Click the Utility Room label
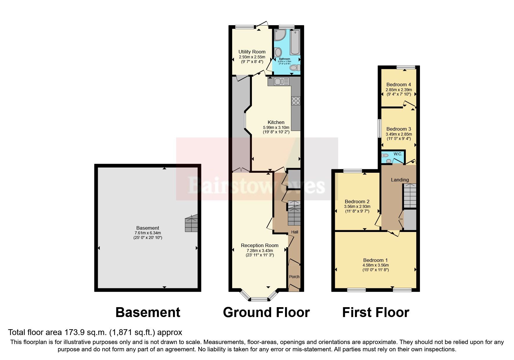tap(252, 52)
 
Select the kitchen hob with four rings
tap(296, 101)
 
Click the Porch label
tap(294, 277)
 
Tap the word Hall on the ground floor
tap(295, 232)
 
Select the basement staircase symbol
tap(191, 223)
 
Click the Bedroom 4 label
tap(398, 84)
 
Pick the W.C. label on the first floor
tap(398, 154)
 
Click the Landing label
tap(400, 180)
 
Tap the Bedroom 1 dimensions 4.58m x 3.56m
tap(376, 265)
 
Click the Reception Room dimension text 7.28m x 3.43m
tap(259, 251)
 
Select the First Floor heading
tap(375, 312)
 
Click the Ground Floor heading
tap(266, 312)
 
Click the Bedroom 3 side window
tap(379, 128)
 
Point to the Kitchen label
tap(276, 122)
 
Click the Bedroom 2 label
tap(357, 201)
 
